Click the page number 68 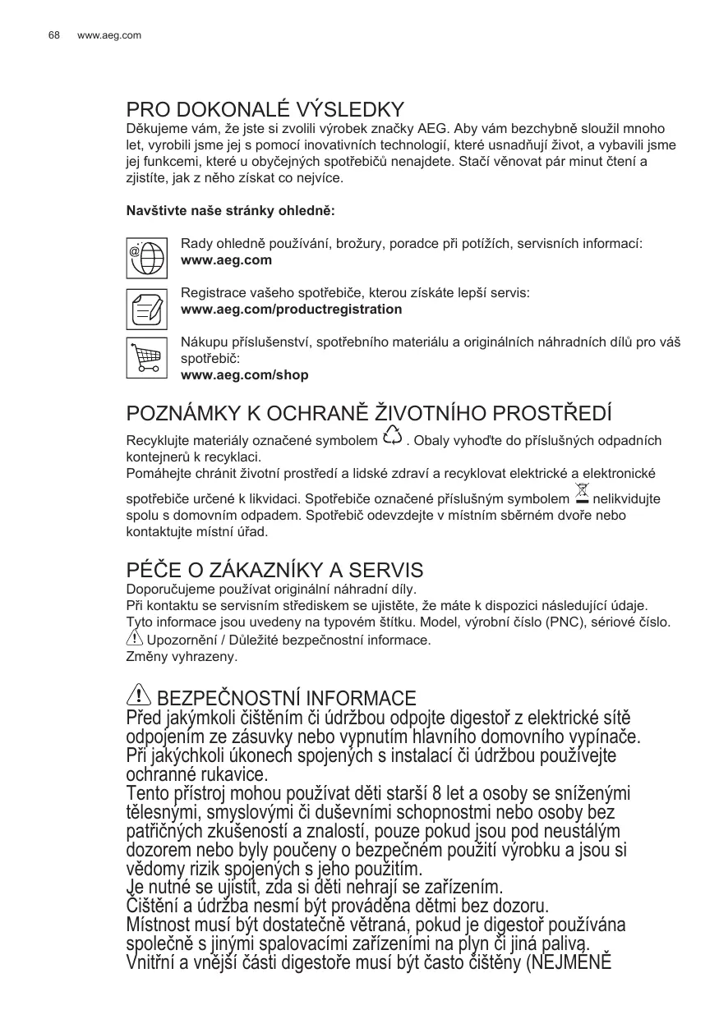54,35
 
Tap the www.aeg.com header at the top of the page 109,35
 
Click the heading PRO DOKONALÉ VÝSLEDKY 265,110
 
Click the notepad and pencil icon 146,308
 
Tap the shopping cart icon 146,357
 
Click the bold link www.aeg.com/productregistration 291,310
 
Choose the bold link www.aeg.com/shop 244,375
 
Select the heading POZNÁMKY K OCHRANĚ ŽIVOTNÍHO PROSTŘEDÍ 369,413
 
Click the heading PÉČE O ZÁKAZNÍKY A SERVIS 274,570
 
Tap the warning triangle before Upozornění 135,638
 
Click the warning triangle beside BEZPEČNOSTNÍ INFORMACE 138,696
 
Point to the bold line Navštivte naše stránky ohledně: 230,211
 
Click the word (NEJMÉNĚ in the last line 569,962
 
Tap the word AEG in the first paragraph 432,129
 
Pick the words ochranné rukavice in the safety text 197,774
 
